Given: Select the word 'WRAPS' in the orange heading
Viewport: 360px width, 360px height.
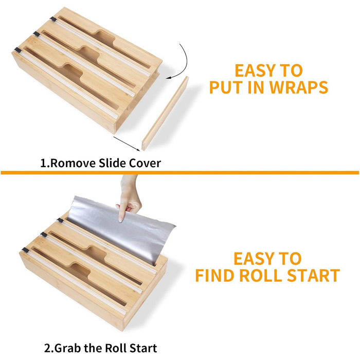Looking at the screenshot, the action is click(x=298, y=87).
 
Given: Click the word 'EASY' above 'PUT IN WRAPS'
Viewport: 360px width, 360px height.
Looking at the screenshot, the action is click(x=255, y=70).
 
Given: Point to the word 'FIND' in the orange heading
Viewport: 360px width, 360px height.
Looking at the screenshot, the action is click(x=215, y=275).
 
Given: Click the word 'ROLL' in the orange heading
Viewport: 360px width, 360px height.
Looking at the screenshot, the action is click(x=261, y=275).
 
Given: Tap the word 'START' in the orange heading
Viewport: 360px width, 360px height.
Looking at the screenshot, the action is click(x=314, y=275).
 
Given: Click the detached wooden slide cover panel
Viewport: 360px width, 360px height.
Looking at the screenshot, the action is click(x=165, y=114).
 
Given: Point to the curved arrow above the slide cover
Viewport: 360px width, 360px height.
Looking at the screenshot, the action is click(x=186, y=62).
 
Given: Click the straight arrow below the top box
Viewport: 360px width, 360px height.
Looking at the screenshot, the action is click(x=127, y=144).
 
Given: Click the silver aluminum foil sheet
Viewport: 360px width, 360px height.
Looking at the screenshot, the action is click(x=122, y=229).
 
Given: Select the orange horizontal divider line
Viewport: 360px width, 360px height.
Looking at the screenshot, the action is click(x=180, y=173).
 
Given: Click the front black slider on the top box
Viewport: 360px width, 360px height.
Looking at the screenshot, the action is click(x=17, y=50).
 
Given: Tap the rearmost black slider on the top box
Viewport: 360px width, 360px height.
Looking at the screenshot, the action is click(x=53, y=19).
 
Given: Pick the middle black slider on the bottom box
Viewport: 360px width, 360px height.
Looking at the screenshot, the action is click(x=44, y=235).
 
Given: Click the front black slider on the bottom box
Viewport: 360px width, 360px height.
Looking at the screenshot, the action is click(x=25, y=250).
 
